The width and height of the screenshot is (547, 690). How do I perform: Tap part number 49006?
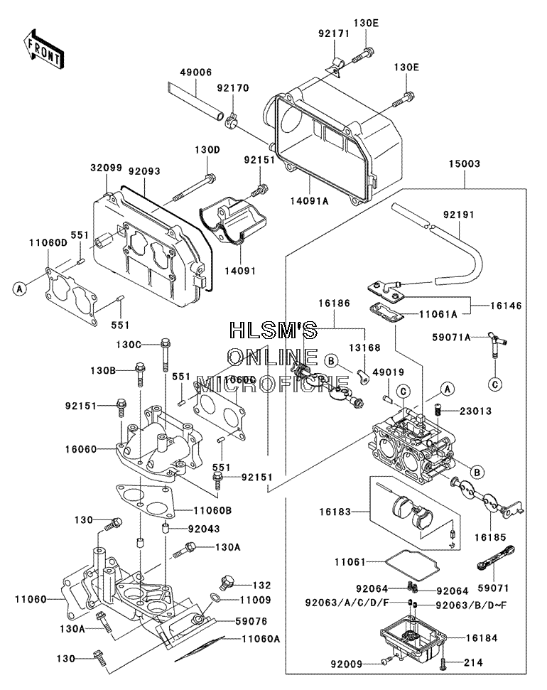click(195, 72)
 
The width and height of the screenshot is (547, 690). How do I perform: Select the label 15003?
click(465, 163)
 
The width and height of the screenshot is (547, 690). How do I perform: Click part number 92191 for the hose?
click(458, 215)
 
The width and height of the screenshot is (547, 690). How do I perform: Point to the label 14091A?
click(309, 201)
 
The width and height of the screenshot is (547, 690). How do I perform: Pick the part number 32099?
click(107, 168)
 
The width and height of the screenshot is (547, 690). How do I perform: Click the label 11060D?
click(48, 243)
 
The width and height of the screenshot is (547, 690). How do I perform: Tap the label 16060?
click(81, 449)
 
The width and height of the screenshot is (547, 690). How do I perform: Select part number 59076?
click(251, 621)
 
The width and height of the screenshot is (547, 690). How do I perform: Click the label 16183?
click(335, 512)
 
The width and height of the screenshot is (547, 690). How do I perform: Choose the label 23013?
click(476, 411)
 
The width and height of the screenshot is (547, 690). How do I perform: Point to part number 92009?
click(347, 664)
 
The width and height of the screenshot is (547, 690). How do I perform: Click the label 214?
click(474, 662)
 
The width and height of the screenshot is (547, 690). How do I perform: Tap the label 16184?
click(482, 638)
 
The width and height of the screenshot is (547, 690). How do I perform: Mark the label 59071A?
click(452, 338)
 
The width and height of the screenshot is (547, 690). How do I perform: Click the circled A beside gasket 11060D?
click(19, 289)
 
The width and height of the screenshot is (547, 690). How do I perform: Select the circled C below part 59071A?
click(496, 385)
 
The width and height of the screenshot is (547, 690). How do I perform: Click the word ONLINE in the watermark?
click(273, 357)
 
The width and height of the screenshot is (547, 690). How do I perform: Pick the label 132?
click(262, 586)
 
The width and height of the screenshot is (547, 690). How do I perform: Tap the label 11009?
click(255, 600)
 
